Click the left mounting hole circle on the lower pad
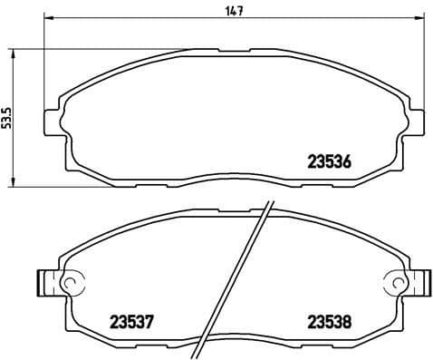click(66, 284)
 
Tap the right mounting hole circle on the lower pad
click(395, 284)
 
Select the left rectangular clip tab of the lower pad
click(44, 284)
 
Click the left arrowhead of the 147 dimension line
click(47, 19)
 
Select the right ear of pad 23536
click(414, 122)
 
